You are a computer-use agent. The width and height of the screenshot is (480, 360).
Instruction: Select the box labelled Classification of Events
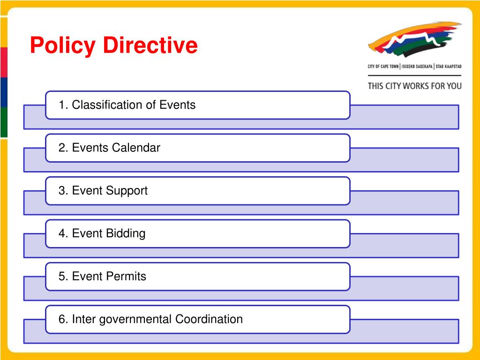click(x=197, y=105)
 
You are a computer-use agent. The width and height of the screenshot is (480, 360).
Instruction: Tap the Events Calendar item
click(x=197, y=148)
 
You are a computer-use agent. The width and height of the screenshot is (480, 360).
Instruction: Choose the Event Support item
click(x=197, y=191)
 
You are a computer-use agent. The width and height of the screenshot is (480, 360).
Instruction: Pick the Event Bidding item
click(x=197, y=233)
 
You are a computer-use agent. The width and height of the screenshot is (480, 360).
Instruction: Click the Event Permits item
click(x=197, y=277)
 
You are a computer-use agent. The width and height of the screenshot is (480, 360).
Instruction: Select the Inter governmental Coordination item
click(x=197, y=319)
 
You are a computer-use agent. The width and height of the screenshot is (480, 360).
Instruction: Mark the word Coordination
click(x=209, y=319)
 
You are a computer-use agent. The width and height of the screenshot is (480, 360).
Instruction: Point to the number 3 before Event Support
click(x=61, y=191)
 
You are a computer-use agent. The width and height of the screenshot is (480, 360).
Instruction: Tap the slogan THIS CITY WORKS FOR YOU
click(x=414, y=86)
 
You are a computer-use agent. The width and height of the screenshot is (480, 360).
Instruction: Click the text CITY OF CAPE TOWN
click(x=383, y=67)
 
